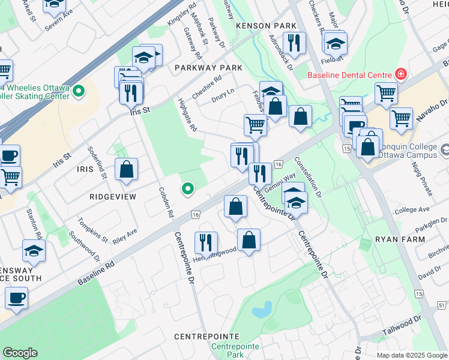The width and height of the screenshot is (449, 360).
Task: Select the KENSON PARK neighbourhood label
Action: click(x=267, y=26)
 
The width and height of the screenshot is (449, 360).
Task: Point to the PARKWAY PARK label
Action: click(x=208, y=68)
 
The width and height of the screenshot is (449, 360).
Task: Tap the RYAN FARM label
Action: click(x=400, y=239)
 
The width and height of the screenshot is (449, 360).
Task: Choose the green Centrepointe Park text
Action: click(x=235, y=351)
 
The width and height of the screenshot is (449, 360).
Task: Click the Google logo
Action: click(x=20, y=353)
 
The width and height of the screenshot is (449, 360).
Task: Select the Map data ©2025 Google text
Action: click(x=412, y=355)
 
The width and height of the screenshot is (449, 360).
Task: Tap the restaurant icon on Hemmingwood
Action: click(x=206, y=242)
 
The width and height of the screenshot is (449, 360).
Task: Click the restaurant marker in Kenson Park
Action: click(x=294, y=42)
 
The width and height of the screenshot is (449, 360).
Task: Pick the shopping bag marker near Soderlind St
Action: click(x=127, y=169)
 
